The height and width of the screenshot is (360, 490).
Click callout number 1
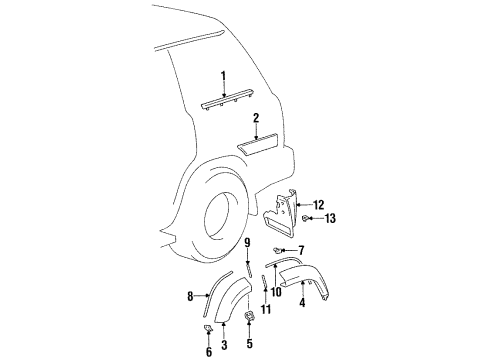(224, 75)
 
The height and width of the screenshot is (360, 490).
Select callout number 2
(256, 117)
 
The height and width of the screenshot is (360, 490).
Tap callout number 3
(224, 344)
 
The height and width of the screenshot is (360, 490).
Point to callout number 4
(303, 305)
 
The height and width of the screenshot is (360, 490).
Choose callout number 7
(301, 250)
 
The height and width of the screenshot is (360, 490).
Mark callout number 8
(189, 296)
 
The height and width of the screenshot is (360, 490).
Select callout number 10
(276, 291)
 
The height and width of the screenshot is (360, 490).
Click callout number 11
(265, 310)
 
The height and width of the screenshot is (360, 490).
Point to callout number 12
(319, 204)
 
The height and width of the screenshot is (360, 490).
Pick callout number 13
(331, 218)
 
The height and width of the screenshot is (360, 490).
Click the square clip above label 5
(248, 319)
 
